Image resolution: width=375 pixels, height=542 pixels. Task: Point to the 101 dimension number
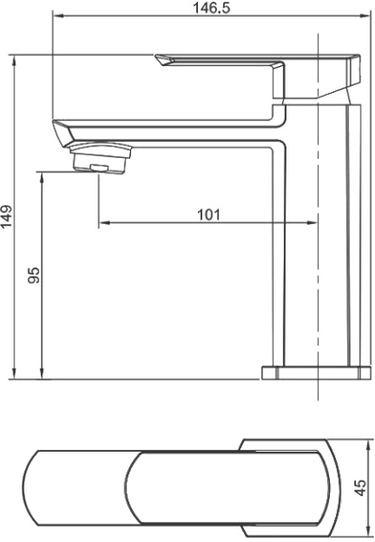pos(209,214)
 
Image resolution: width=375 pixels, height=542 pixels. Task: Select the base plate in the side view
pos(316,372)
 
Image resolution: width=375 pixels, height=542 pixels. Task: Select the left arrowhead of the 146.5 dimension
pos(55,16)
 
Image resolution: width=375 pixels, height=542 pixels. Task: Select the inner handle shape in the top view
pos(226,488)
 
